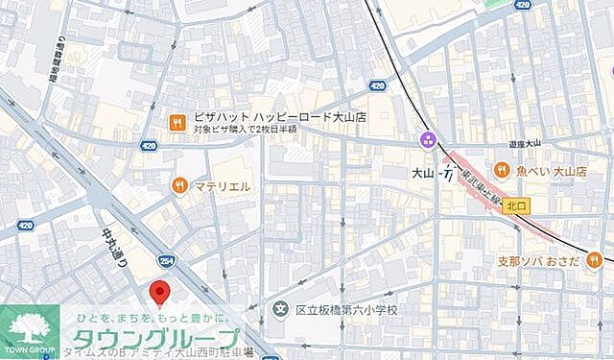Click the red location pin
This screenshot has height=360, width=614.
[161, 292]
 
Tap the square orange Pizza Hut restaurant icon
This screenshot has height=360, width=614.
[177, 121]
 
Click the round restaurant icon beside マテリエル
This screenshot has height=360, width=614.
[177, 185]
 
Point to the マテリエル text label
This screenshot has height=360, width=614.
[224, 185]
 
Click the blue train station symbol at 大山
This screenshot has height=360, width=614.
[447, 174]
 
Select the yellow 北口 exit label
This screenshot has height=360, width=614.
[517, 204]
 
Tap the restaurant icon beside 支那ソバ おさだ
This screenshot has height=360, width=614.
[596, 260]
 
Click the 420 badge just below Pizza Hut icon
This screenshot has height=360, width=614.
[148, 146]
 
